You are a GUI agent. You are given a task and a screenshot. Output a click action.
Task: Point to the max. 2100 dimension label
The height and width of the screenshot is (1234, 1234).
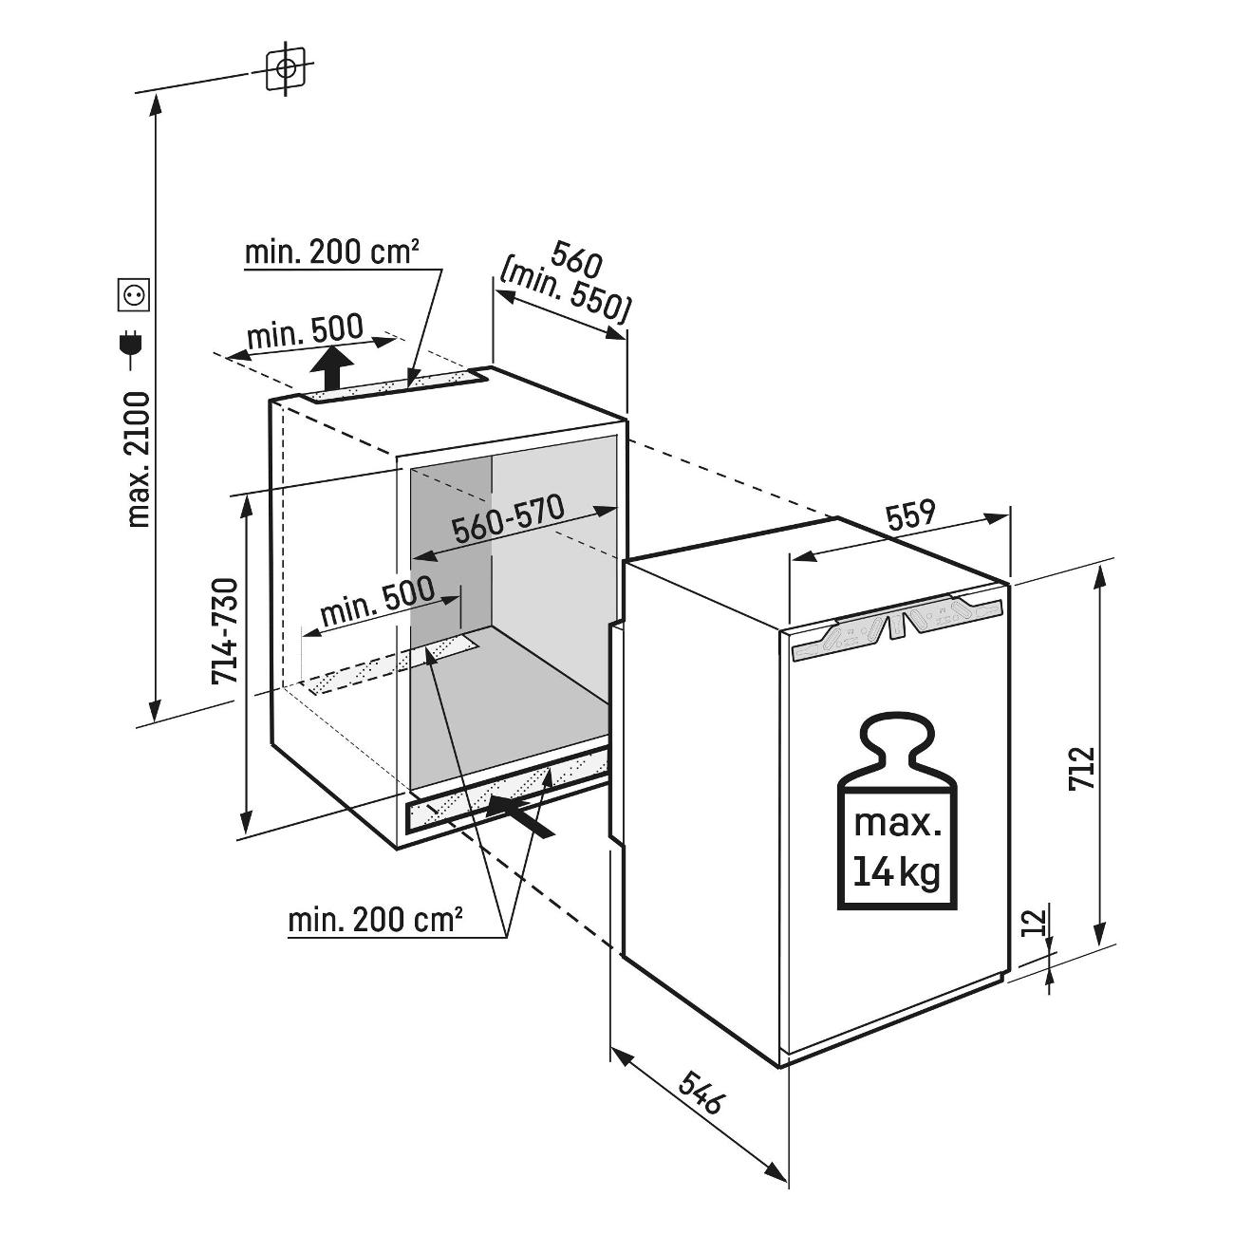click(x=140, y=459)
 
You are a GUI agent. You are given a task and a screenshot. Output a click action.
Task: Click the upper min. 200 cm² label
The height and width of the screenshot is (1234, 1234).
click(x=332, y=252)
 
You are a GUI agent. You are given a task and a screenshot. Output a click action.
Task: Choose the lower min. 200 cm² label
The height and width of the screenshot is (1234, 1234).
click(x=376, y=919)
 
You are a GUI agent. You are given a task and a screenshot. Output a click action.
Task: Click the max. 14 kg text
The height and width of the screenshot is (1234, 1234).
click(x=896, y=845)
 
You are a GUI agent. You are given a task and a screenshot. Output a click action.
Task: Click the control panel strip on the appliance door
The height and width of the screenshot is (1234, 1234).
click(x=896, y=627)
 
